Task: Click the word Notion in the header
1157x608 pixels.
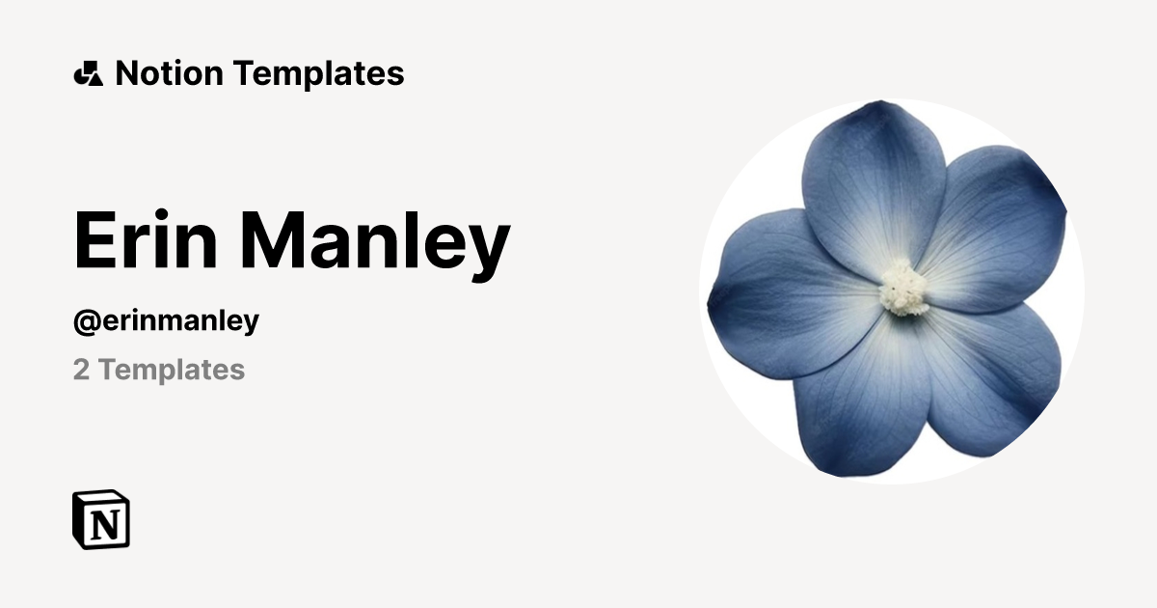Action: [x=170, y=73]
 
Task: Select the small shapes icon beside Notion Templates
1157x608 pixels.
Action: [x=88, y=73]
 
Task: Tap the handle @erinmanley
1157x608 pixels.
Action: [x=166, y=320]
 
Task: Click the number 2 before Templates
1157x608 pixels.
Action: [x=81, y=370]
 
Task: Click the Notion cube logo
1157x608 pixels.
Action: [x=101, y=519]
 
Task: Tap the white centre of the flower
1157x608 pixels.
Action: [x=903, y=287]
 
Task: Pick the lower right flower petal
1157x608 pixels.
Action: [x=993, y=376]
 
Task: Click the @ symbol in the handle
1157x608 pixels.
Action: [x=83, y=320]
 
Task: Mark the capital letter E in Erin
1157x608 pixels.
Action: [x=97, y=241]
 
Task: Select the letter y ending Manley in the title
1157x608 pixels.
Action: [x=488, y=249]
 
